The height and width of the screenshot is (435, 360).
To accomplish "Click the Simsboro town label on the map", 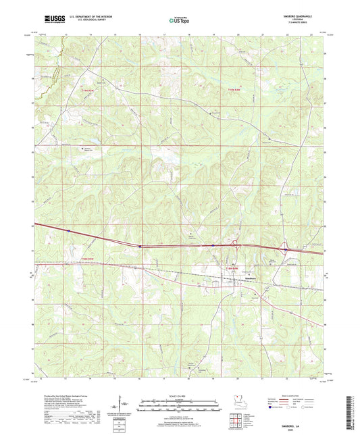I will [x=249, y=278].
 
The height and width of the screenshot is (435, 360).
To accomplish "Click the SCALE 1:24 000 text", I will [x=180, y=395].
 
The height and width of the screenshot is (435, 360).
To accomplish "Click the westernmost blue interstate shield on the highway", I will [x=69, y=231].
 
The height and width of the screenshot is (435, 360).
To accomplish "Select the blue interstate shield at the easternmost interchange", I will [x=285, y=249].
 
